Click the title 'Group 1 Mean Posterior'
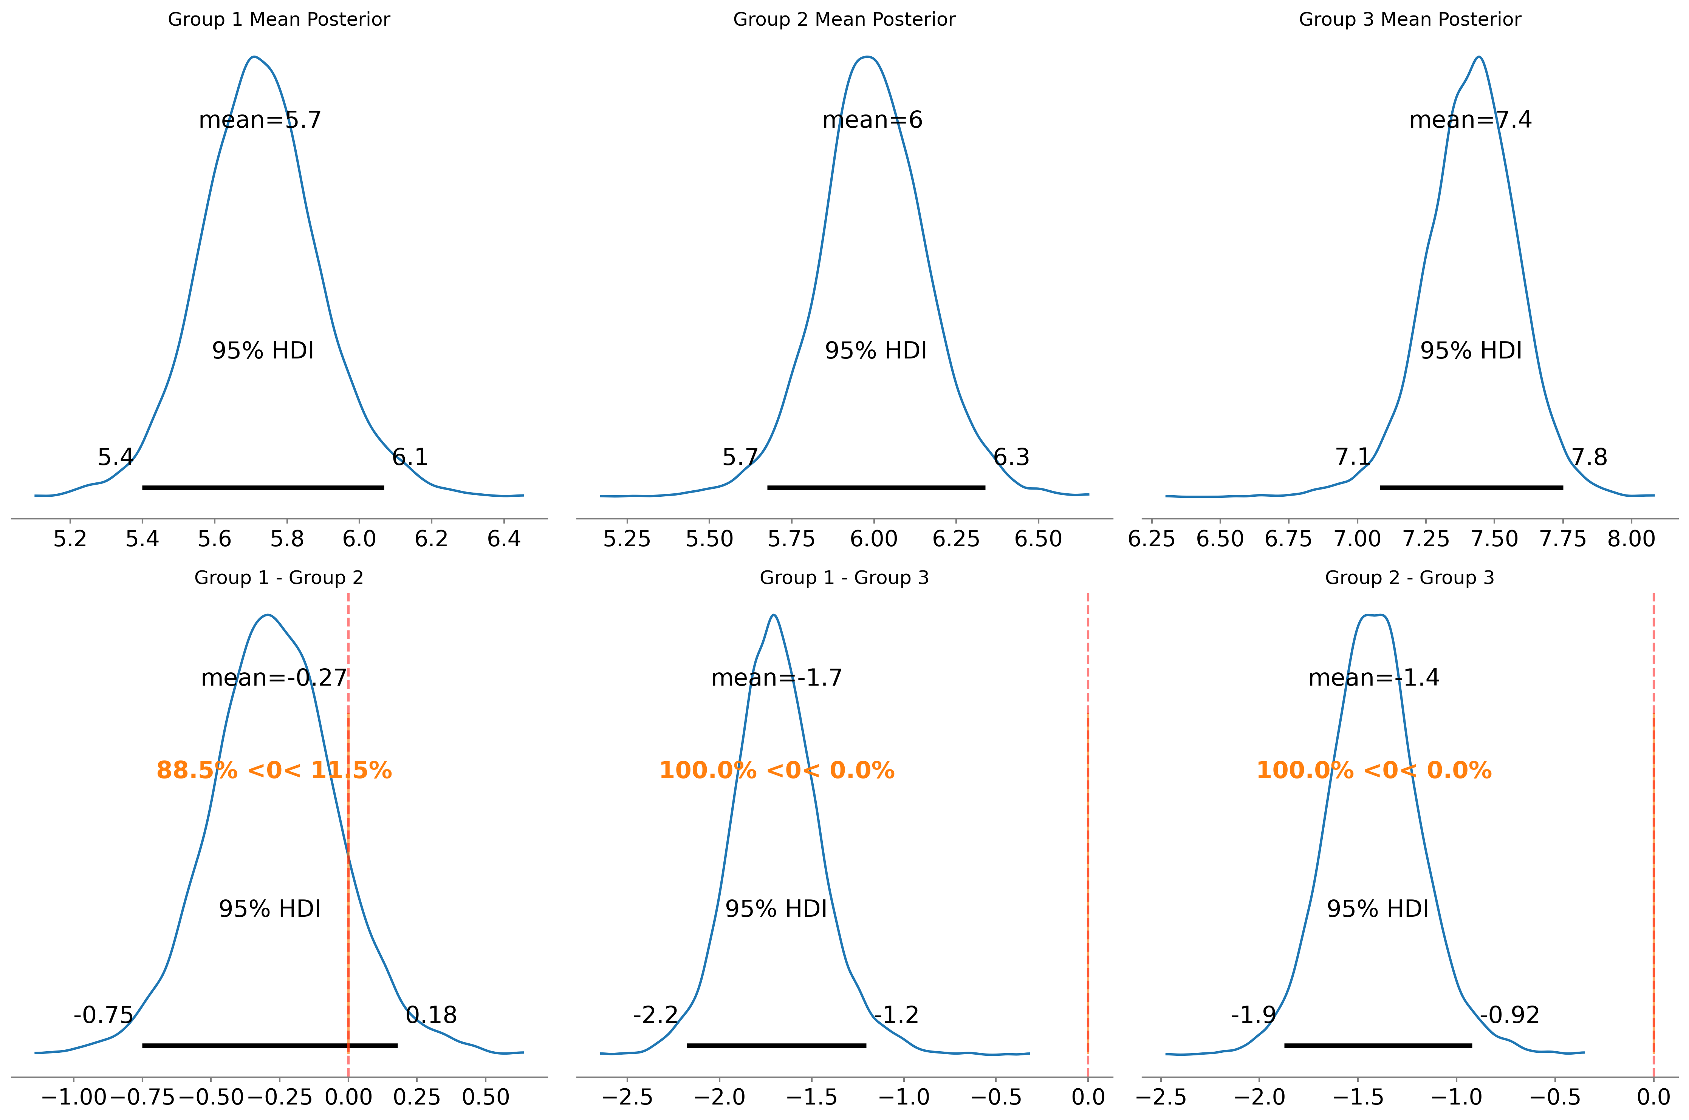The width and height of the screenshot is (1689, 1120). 279,19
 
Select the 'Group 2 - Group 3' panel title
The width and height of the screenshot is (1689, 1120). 1409,578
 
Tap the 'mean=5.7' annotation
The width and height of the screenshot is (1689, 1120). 260,120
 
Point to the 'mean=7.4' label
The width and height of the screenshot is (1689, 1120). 1471,120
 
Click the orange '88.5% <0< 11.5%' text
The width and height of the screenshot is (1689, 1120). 274,771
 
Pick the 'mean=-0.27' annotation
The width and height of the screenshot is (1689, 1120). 274,678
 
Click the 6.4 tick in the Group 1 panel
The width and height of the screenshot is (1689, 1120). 504,539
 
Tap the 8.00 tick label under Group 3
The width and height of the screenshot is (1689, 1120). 1631,539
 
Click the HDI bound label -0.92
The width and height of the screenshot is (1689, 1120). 1509,1015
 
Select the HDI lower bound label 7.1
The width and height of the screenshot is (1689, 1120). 1353,457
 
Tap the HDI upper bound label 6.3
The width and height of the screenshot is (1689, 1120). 1011,457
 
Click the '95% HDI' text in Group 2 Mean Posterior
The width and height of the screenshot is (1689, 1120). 875,351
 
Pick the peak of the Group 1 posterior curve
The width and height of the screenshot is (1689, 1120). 254,57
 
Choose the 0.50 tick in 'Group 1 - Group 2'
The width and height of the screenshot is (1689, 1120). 485,1097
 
